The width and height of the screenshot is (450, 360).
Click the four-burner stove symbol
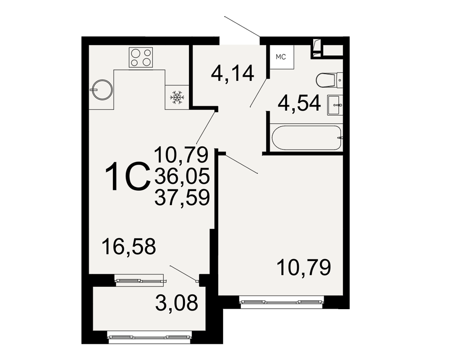tap(140, 58)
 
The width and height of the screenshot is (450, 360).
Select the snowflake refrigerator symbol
tap(177, 97)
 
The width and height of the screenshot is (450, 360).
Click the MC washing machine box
tap(282, 57)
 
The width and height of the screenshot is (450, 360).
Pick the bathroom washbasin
tap(335, 105)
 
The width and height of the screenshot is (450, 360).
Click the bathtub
tap(306, 138)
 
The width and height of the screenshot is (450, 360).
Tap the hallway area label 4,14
tap(233, 73)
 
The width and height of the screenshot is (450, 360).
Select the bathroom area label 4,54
tap(299, 103)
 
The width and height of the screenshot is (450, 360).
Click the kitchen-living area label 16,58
tap(129, 246)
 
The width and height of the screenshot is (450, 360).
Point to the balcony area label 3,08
tap(176, 302)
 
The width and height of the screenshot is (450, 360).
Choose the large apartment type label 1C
tap(128, 176)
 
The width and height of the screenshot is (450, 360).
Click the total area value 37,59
tap(182, 198)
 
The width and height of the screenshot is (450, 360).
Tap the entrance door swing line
tap(243, 27)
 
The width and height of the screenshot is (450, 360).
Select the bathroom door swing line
tap(259, 92)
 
